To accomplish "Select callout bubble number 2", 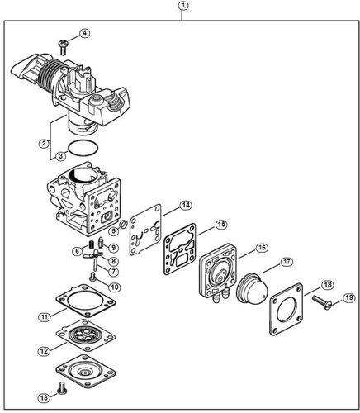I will point(43,143).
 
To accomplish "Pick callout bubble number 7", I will point(112,271).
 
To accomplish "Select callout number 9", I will point(113,248).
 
